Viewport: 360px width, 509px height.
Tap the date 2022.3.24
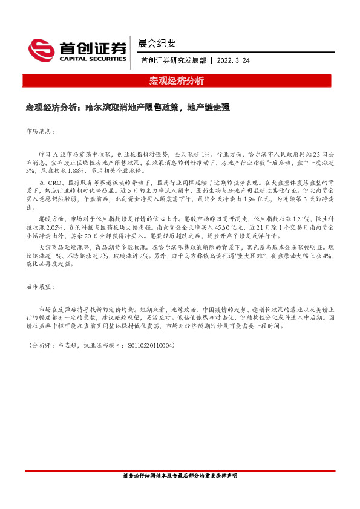(234, 60)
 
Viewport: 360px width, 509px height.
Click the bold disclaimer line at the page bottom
(180, 476)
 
